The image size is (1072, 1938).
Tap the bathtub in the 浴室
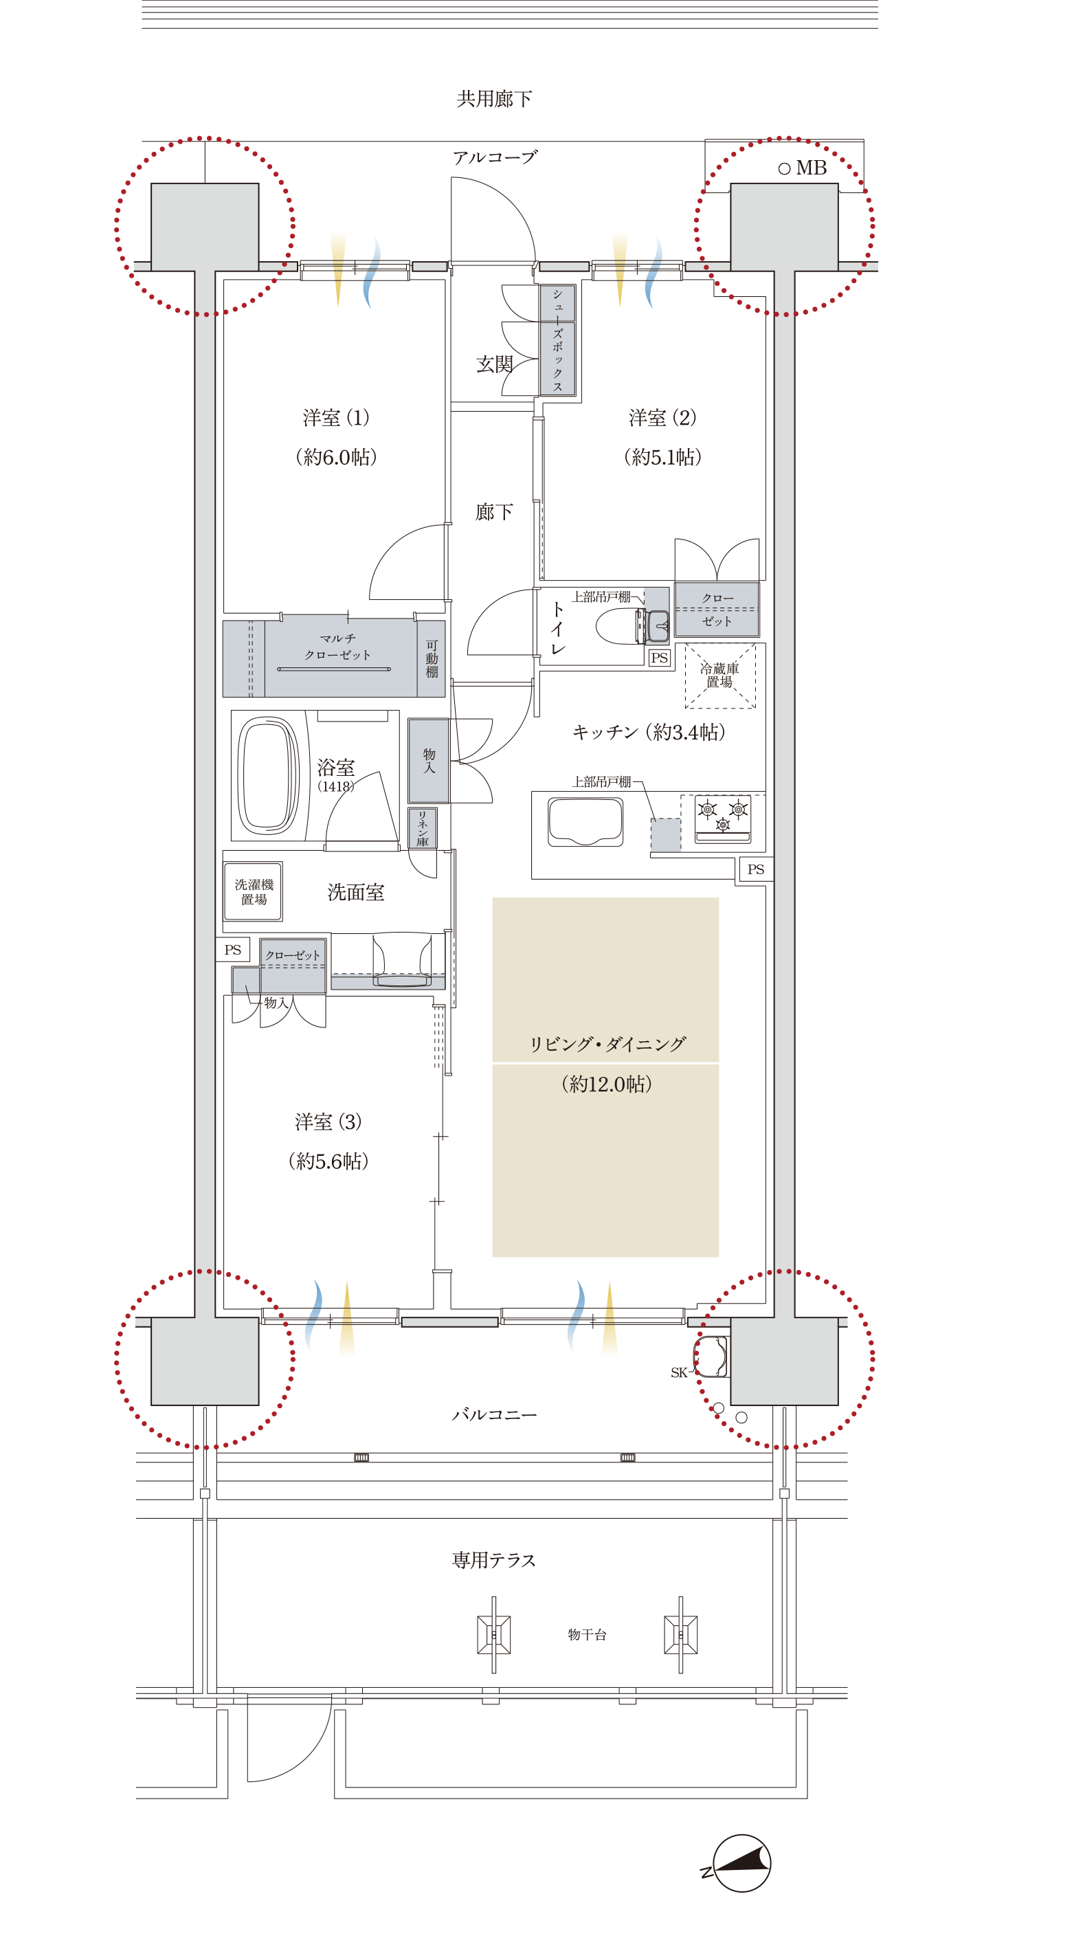click(x=268, y=775)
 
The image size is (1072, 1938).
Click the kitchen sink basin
click(x=585, y=821)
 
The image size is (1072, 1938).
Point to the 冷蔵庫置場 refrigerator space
click(x=720, y=676)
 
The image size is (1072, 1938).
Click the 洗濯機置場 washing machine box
click(x=254, y=891)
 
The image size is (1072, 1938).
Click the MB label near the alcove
click(x=811, y=168)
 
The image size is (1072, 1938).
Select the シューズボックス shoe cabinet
click(x=557, y=340)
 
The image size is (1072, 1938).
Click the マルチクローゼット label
click(x=338, y=647)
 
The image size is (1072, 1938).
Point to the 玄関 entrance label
click(x=494, y=365)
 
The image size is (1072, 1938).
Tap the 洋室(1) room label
click(x=336, y=418)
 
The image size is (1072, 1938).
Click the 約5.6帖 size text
click(x=328, y=1161)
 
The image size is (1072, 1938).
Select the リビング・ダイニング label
click(x=607, y=1043)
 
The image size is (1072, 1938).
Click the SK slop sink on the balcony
click(x=712, y=1357)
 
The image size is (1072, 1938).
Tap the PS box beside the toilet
click(x=659, y=658)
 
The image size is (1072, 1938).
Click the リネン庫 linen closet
click(x=422, y=829)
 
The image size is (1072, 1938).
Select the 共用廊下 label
click(x=494, y=98)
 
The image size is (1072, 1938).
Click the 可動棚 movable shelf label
click(x=432, y=659)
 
